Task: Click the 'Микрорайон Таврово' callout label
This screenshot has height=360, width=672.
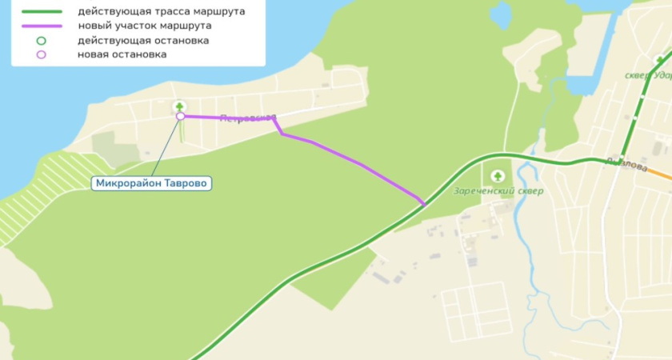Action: click(x=152, y=183)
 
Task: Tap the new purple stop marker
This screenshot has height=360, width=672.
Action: click(x=181, y=116)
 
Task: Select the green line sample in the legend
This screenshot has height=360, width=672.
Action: click(x=40, y=12)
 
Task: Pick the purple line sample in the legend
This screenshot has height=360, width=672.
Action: click(x=40, y=26)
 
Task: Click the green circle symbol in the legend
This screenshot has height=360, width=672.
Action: click(x=41, y=40)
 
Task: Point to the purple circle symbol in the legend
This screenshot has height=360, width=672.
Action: click(x=41, y=54)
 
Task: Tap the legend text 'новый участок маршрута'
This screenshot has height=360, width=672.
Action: click(x=144, y=26)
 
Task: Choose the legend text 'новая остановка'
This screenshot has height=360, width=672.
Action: click(x=122, y=54)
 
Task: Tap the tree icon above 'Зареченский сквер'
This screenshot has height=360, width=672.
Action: click(x=498, y=174)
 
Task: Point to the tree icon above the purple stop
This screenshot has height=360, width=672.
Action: click(x=180, y=106)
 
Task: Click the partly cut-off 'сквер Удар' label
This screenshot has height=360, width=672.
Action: click(x=646, y=76)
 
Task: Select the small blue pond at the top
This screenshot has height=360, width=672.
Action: click(x=501, y=14)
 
